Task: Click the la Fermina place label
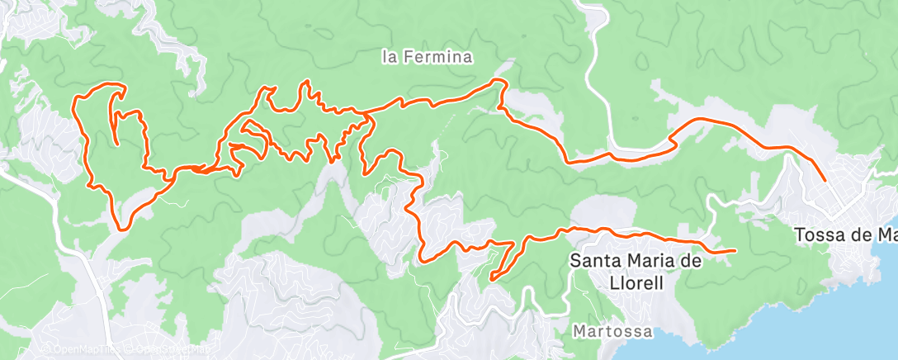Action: tap(427, 58)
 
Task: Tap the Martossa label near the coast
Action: tap(612, 331)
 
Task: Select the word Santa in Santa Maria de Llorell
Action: tap(593, 261)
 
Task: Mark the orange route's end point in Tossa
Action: tap(825, 179)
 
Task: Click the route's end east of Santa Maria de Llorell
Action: tap(735, 250)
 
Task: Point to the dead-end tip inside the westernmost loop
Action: tap(116, 144)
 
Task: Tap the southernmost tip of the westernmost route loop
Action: tap(122, 229)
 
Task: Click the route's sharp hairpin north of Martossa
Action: tap(492, 280)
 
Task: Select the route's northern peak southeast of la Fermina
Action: tap(498, 80)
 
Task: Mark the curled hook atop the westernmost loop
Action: tap(124, 88)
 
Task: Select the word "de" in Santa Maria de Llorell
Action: tap(692, 261)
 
